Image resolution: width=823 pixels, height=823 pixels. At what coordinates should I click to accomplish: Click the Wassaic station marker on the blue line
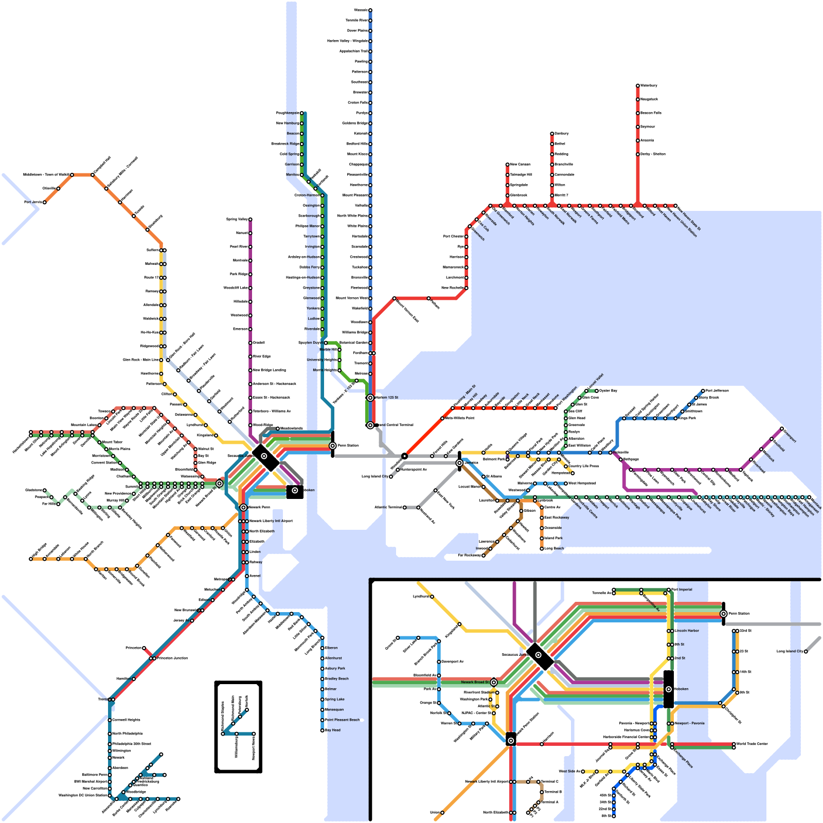pos(370,10)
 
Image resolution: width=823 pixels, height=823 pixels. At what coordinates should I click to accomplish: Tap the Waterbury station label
pos(649,85)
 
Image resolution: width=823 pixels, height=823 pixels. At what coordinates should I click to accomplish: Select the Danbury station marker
pos(552,134)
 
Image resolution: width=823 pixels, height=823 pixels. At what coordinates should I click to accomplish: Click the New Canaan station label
pos(520,165)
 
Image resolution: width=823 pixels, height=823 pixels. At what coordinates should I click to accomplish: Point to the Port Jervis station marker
pos(45,202)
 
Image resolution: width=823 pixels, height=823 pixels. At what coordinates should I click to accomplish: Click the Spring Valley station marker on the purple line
pos(251,220)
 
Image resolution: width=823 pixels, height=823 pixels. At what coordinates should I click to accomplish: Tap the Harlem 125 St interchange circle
pos(370,398)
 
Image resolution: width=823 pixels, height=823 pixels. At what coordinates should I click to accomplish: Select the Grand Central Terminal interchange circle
pos(370,425)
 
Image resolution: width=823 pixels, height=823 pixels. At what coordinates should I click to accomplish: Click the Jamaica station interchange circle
pos(459,463)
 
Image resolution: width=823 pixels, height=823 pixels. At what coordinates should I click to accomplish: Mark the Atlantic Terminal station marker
pos(405,508)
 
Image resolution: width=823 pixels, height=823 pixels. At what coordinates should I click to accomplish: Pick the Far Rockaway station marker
pos(484,556)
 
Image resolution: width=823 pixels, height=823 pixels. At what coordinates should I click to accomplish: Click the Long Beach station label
pos(554,549)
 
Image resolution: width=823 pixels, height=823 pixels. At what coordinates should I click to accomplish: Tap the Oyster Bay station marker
pos(597,391)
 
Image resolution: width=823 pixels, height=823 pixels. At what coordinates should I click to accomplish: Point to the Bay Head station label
pos(333,730)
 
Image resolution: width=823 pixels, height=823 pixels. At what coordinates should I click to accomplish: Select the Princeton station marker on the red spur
pos(144,648)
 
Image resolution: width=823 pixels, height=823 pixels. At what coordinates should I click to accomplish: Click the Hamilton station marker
pos(134,679)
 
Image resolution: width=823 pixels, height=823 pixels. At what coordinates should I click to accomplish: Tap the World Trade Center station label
pos(752,744)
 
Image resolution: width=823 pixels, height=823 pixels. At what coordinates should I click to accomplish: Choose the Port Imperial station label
pos(682,590)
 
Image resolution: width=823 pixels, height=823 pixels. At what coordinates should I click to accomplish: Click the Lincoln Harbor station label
pos(687,631)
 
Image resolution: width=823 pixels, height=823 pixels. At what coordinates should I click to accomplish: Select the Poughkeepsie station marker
pos(302,113)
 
